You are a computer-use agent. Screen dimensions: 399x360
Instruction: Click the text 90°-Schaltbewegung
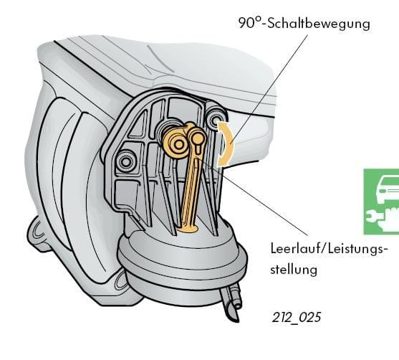(x=304, y=24)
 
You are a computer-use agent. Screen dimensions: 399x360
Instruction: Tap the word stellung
(x=294, y=269)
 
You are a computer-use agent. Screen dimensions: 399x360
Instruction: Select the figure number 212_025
(x=297, y=318)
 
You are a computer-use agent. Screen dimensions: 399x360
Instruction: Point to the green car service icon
(x=381, y=202)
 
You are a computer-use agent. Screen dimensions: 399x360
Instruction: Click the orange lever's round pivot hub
(x=178, y=144)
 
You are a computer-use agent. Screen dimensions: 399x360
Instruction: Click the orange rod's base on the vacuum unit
(x=187, y=229)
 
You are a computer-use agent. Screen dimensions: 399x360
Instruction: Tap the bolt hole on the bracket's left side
(x=125, y=161)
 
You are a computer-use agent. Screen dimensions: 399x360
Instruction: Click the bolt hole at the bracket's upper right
(x=216, y=119)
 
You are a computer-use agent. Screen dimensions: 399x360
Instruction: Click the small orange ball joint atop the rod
(x=197, y=138)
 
